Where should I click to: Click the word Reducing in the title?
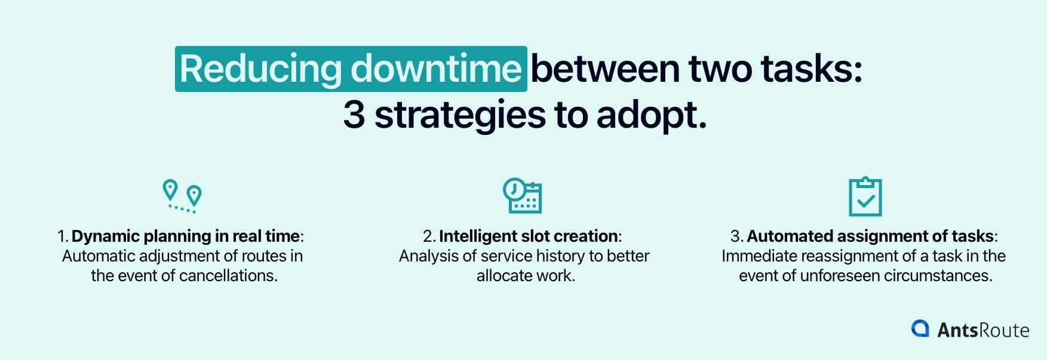point(260,69)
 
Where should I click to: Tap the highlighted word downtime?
point(436,69)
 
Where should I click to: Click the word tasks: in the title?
point(811,69)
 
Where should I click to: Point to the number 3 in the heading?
point(354,115)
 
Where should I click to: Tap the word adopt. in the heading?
point(652,115)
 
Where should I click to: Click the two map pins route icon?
point(182,196)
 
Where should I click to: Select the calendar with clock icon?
point(522,195)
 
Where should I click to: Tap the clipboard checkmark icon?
point(865,196)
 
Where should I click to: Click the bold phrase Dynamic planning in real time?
point(185,236)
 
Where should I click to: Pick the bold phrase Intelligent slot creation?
point(528,236)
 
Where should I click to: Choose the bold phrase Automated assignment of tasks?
point(870,236)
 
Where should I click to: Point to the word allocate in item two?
point(503,276)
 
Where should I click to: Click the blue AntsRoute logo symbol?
point(920,328)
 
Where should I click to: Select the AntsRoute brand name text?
point(982,330)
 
